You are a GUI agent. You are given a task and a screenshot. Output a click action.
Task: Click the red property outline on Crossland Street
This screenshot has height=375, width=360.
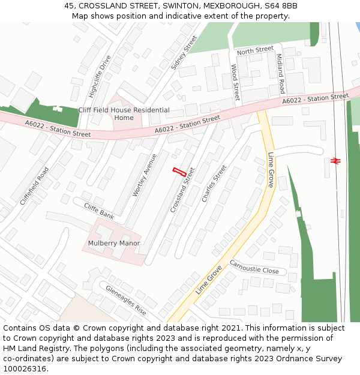point(179,170)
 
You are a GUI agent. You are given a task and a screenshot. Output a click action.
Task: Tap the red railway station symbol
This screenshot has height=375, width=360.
point(335,161)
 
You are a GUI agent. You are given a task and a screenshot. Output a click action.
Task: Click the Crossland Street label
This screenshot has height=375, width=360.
point(183,190)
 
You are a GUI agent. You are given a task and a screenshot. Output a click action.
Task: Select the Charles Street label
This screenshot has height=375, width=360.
point(214,184)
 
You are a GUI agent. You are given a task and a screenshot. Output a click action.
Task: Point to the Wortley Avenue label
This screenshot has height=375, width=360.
point(144,176)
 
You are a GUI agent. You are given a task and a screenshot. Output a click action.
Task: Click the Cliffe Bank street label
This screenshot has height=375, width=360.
point(99,211)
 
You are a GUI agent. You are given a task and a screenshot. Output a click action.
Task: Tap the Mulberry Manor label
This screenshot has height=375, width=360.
point(114,243)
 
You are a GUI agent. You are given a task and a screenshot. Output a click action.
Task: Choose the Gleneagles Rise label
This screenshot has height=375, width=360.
point(126,300)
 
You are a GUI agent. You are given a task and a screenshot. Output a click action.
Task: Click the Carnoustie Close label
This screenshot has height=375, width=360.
point(254,267)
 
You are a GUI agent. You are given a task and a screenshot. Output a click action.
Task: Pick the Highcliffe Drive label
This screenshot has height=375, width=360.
point(100,76)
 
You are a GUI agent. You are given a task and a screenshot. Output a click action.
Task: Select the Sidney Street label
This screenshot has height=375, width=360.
point(184,53)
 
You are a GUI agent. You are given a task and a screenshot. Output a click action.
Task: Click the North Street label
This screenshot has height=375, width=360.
point(255,51)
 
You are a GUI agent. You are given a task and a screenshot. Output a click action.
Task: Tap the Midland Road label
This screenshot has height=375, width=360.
point(280,73)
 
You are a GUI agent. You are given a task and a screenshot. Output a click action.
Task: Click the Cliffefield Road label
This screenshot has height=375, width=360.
point(34,186)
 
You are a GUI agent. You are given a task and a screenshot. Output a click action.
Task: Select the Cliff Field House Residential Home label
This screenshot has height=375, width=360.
point(124,114)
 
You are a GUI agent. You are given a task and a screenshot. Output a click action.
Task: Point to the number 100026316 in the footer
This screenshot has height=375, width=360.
point(25,369)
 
